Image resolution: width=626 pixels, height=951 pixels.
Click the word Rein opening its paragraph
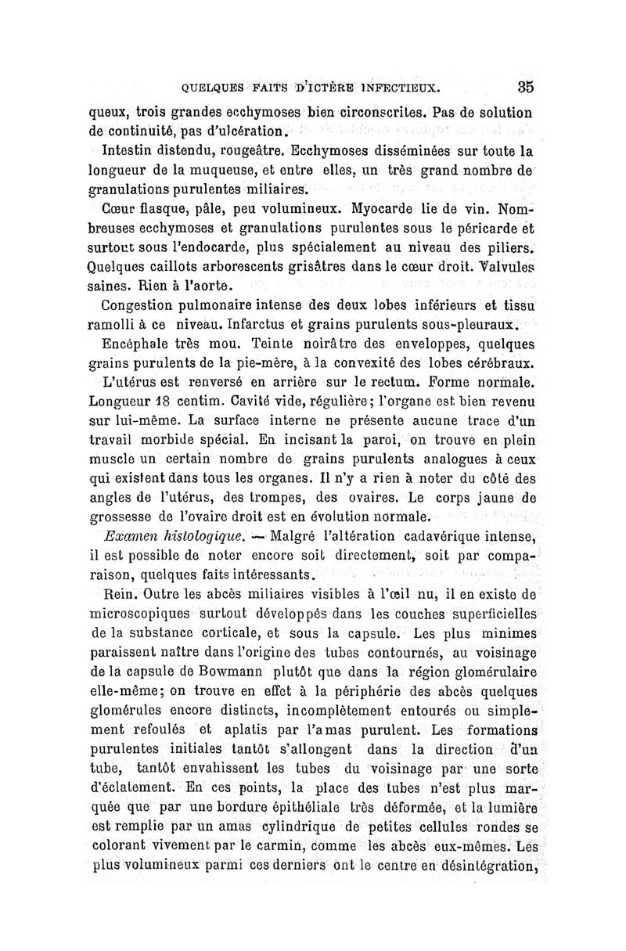coord(118,595)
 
